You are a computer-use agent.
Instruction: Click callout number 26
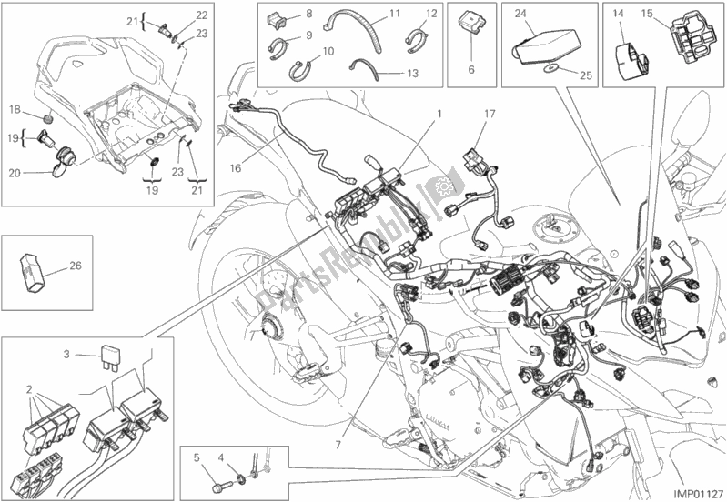coord(75,266)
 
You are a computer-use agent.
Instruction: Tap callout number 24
coord(519,14)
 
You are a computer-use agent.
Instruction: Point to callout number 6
coord(471,70)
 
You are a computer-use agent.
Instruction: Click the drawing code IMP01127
coord(695,490)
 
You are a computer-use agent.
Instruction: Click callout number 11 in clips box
coord(369,14)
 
